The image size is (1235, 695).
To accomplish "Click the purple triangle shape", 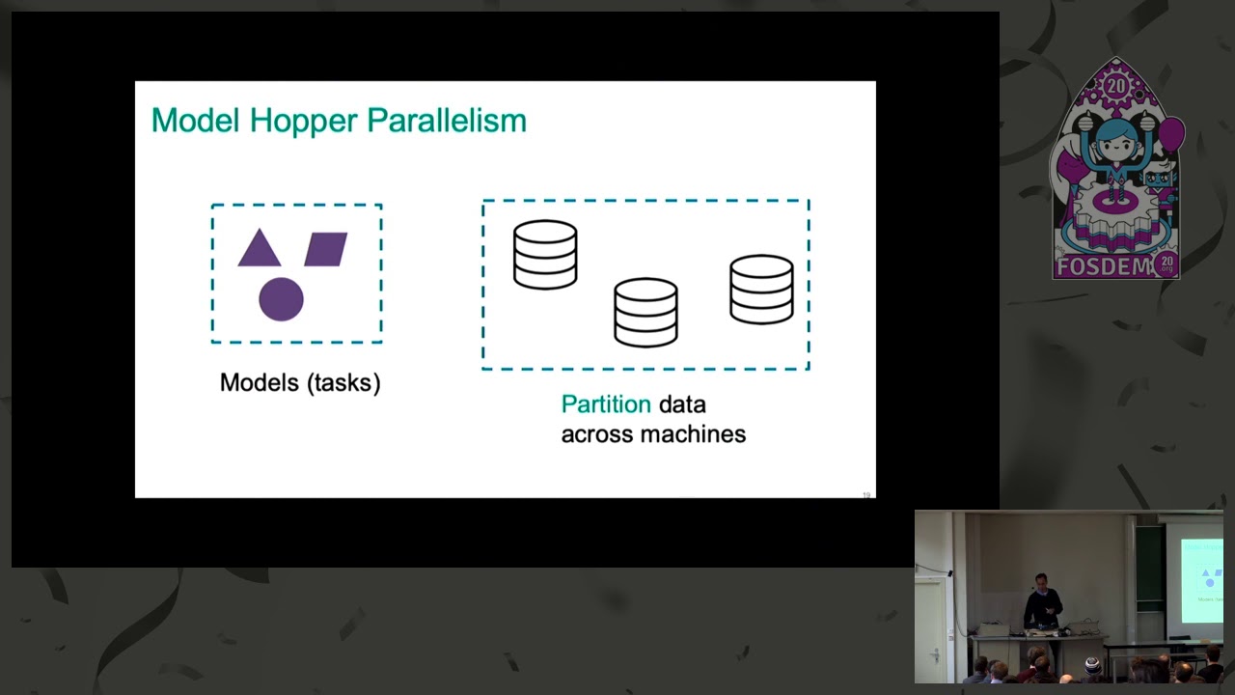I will tap(259, 251).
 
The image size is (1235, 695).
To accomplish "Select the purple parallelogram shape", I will tap(326, 249).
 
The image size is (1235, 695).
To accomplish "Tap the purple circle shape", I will tap(281, 298).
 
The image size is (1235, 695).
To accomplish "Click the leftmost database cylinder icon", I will tap(545, 255).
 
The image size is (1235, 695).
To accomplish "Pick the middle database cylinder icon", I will tap(645, 312).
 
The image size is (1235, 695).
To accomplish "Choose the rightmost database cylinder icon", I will tap(761, 289).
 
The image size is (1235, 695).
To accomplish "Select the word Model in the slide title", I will tap(196, 121).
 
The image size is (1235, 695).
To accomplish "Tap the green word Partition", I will tap(606, 404).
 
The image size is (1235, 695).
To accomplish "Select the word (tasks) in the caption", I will tap(344, 382).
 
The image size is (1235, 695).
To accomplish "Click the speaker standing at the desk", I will tap(1042, 603).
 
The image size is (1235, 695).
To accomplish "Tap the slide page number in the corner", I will tap(866, 495).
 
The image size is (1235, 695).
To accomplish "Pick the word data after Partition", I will tap(682, 404).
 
